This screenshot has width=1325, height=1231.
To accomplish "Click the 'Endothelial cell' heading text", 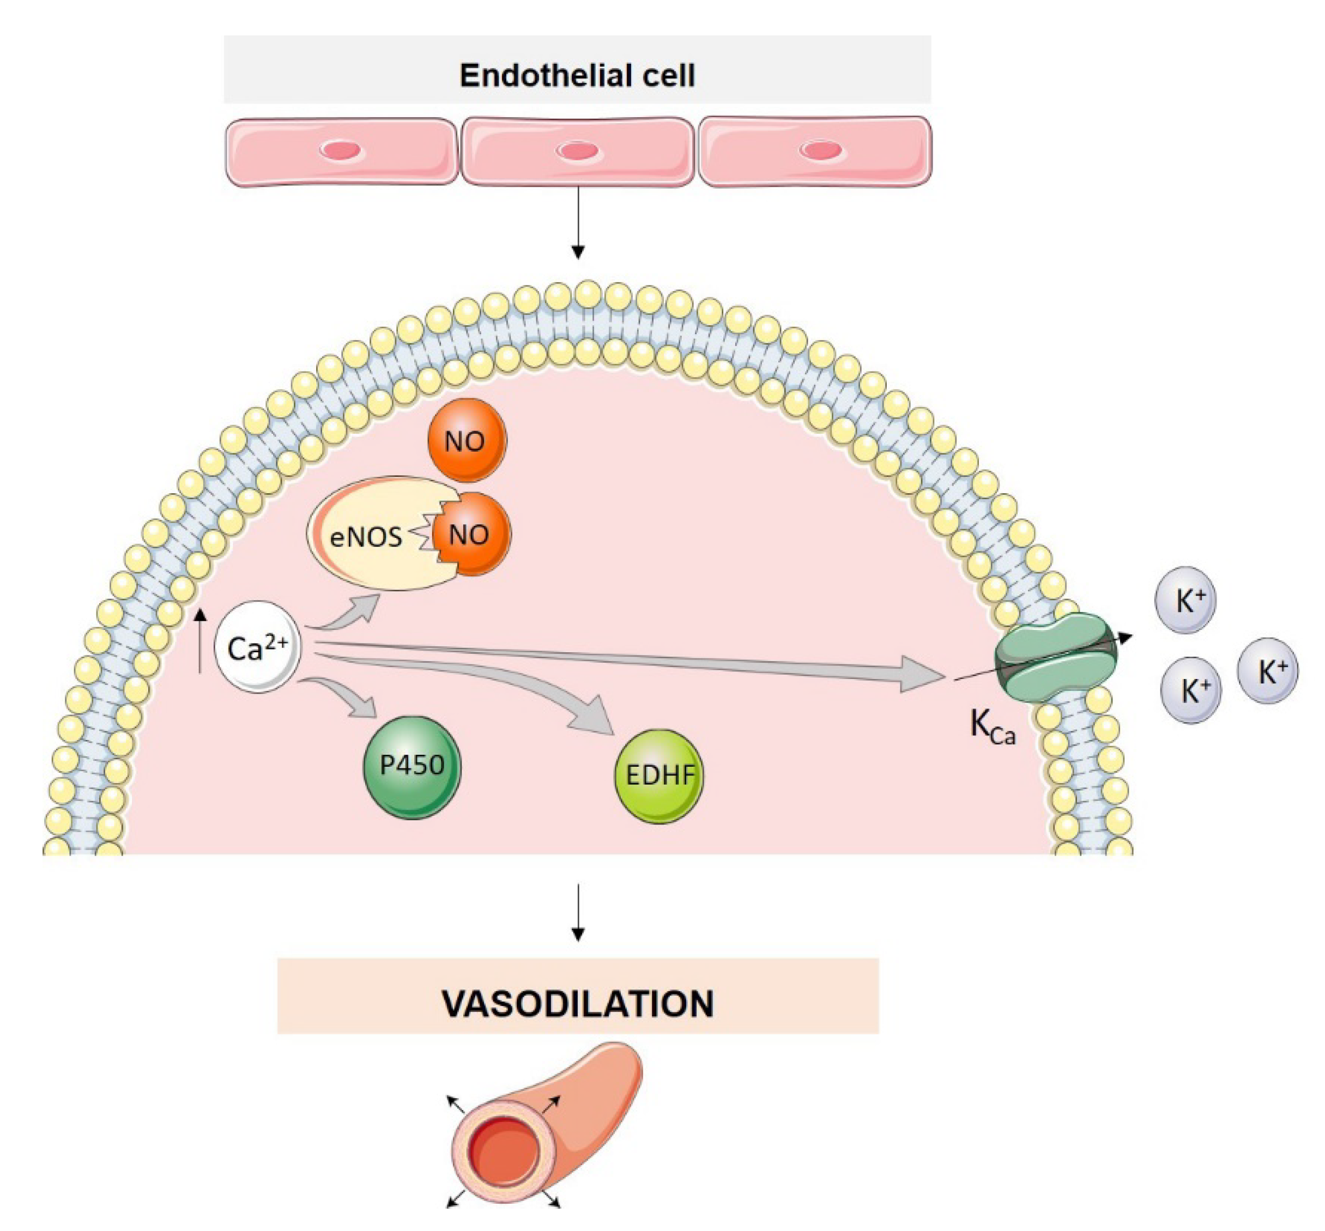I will tap(577, 75).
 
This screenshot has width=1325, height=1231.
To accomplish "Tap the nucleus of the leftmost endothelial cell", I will tap(341, 150).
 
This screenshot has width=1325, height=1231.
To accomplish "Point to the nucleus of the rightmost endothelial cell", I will tap(819, 150).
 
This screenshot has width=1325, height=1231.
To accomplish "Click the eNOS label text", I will tap(366, 537).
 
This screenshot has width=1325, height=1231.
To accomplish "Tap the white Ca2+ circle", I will tap(257, 647).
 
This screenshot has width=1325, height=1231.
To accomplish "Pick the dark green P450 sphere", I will tap(412, 767).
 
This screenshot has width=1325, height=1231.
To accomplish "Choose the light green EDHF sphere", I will tap(658, 775).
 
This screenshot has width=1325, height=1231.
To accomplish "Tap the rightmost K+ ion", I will tap(1267, 671).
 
